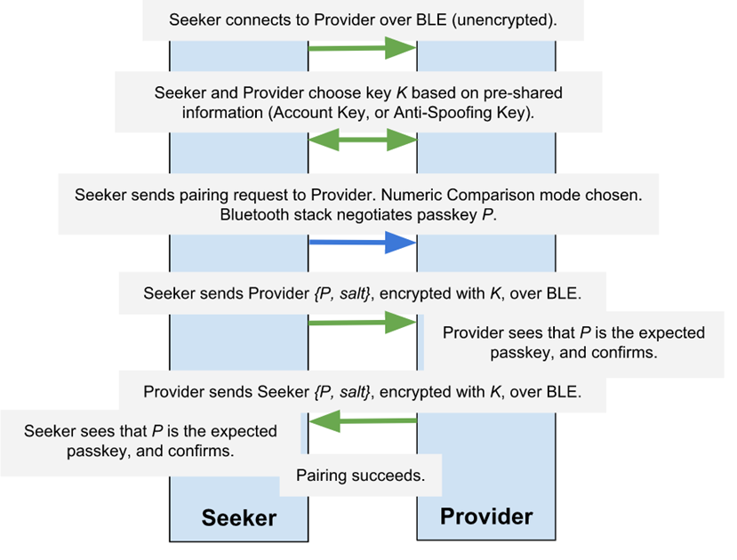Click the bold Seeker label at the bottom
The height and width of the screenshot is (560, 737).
click(x=238, y=518)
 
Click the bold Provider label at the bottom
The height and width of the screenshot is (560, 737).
click(x=486, y=516)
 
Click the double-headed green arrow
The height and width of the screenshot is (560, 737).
click(x=362, y=139)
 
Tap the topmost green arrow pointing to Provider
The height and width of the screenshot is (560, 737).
click(x=362, y=48)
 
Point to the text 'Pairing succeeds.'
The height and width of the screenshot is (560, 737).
click(x=360, y=476)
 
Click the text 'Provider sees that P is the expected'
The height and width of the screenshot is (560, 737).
click(x=573, y=333)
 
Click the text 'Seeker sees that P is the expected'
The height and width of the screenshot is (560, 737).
click(x=150, y=431)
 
